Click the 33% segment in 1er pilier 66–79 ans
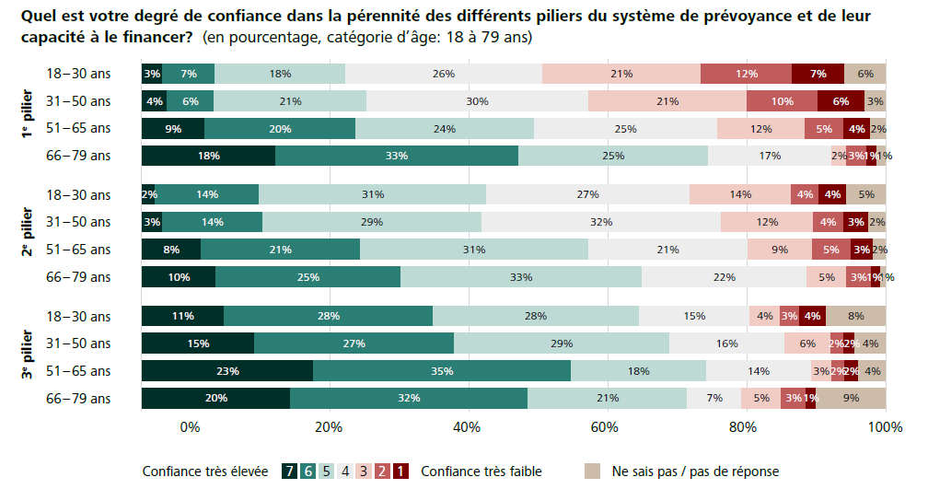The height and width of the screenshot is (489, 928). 397,156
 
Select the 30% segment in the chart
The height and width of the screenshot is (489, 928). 477,101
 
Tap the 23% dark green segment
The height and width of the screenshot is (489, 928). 227,371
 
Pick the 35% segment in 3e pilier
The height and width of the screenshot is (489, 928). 442,371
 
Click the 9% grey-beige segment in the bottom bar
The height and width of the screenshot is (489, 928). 851,399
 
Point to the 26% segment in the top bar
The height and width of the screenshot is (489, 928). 444,74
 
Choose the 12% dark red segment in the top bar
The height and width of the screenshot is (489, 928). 746,74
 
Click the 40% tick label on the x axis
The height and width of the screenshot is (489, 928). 467,427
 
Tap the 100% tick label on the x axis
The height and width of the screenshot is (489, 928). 885,427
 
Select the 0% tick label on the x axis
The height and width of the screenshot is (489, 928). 190,427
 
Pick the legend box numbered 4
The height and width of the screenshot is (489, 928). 345,472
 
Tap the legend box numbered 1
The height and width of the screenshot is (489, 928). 400,472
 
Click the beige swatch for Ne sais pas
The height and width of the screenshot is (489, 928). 594,472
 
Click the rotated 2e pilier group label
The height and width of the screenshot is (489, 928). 29,236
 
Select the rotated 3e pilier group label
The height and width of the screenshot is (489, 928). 29,356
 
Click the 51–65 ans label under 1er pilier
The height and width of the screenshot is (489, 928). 78,128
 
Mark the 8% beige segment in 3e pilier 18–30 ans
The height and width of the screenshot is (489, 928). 856,316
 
